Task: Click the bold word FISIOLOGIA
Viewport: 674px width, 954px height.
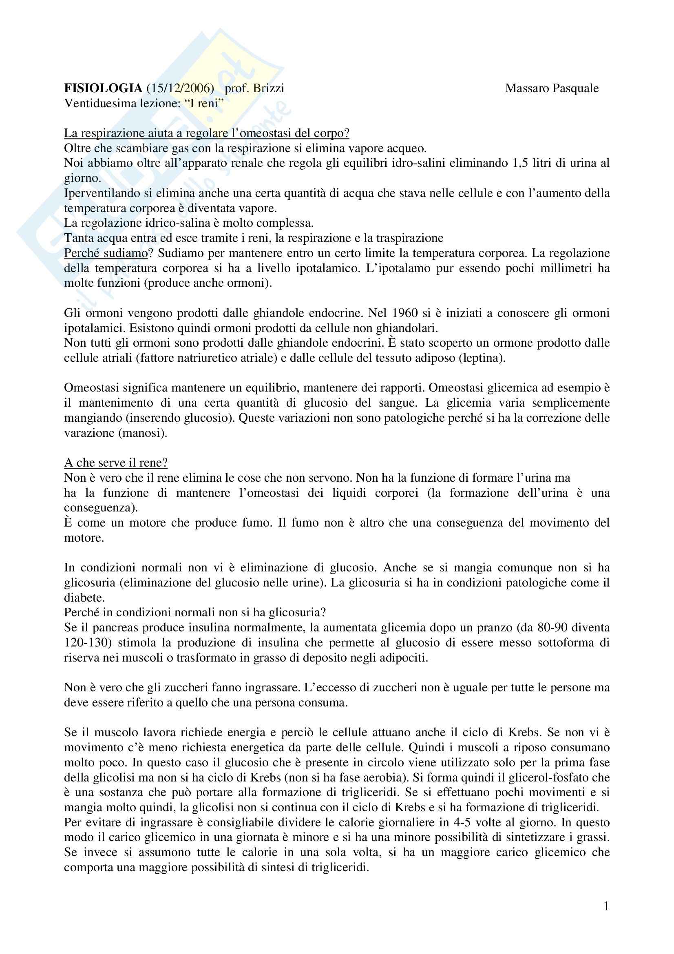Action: [x=103, y=89]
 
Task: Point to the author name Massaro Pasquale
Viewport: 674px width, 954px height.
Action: [x=552, y=89]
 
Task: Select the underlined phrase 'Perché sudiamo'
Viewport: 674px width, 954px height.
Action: [x=106, y=253]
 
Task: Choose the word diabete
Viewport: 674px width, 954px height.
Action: [x=84, y=598]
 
